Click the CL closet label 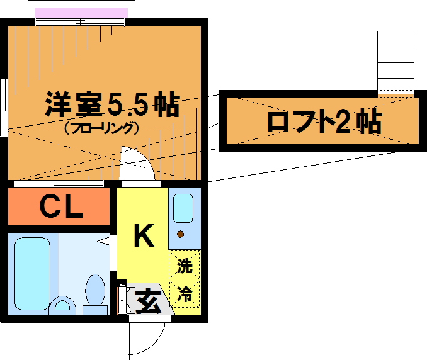click(x=62, y=207)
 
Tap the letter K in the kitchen click(x=143, y=236)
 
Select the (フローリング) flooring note click(x=101, y=128)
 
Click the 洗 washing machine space click(x=184, y=266)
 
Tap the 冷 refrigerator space click(x=184, y=294)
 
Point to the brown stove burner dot click(x=181, y=235)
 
